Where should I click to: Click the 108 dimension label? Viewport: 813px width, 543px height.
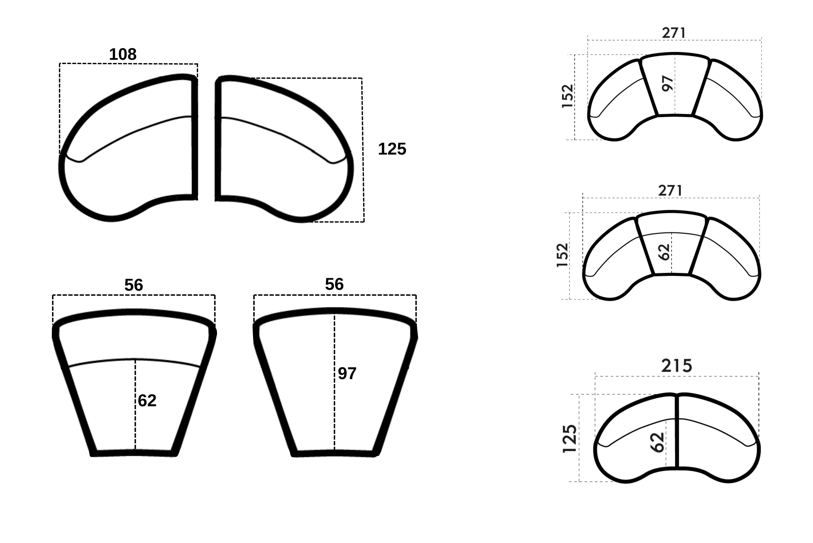click(x=123, y=54)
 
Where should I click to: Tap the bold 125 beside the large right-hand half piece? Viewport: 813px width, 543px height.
click(x=392, y=149)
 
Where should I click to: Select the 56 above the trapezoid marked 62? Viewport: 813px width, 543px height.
click(x=133, y=285)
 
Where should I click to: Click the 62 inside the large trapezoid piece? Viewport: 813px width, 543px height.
click(x=147, y=401)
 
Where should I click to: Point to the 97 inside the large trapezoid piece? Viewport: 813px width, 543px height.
click(x=347, y=373)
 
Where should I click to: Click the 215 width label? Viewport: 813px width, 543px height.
click(x=676, y=366)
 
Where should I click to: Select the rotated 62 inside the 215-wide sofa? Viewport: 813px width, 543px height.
click(x=657, y=442)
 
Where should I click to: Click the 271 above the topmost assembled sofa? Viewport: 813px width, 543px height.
click(x=674, y=33)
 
